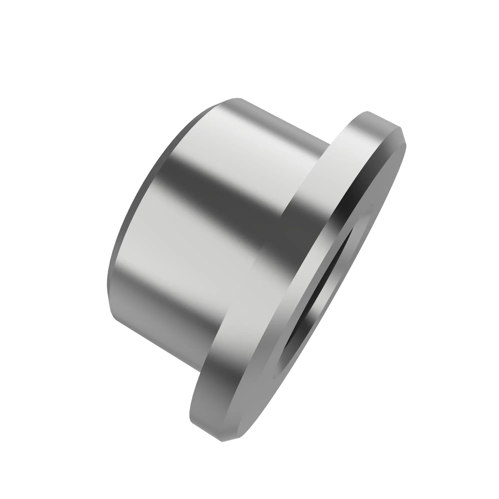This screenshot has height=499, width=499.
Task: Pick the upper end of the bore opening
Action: click(x=372, y=205)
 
